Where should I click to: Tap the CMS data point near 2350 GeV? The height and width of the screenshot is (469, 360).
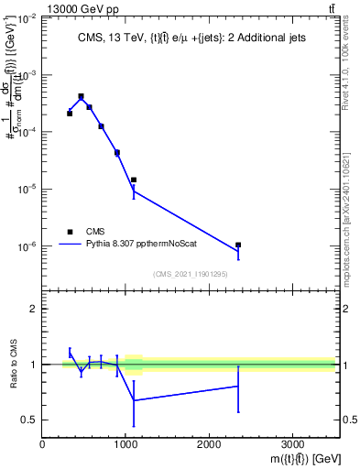coord(238,245)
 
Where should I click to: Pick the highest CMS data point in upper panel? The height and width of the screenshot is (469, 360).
coord(81,96)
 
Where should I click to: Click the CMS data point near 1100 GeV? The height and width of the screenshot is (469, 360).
coord(134,180)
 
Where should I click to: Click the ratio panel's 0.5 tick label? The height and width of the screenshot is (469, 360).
coord(28,420)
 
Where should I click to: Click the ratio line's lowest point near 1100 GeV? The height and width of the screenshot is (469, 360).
coord(134,400)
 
